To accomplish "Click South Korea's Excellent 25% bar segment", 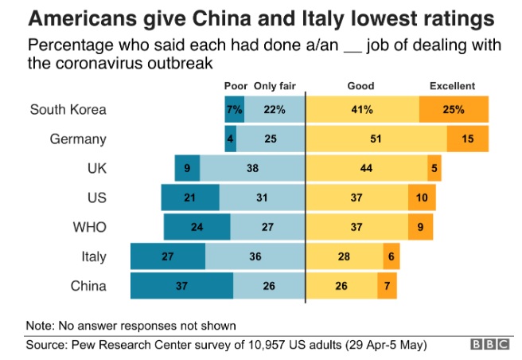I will tap(454, 110).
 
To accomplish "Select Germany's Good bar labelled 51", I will tap(376, 139).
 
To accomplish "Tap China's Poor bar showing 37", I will tap(182, 286).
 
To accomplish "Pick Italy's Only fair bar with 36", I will tap(255, 257).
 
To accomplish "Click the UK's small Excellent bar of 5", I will tap(434, 169).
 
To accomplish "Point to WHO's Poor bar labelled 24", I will tap(197, 227).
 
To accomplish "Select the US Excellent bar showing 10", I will tap(421, 198).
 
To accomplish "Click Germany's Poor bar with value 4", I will tap(231, 139).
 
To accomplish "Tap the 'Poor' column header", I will tap(236, 86).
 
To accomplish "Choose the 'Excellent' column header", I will tap(452, 86).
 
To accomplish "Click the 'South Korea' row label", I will tap(68, 110).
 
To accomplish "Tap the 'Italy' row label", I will tap(92, 257).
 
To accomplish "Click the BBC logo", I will tap(487, 345).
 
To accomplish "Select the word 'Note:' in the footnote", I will tap(41, 326).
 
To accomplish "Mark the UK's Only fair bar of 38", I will tap(252, 169).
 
